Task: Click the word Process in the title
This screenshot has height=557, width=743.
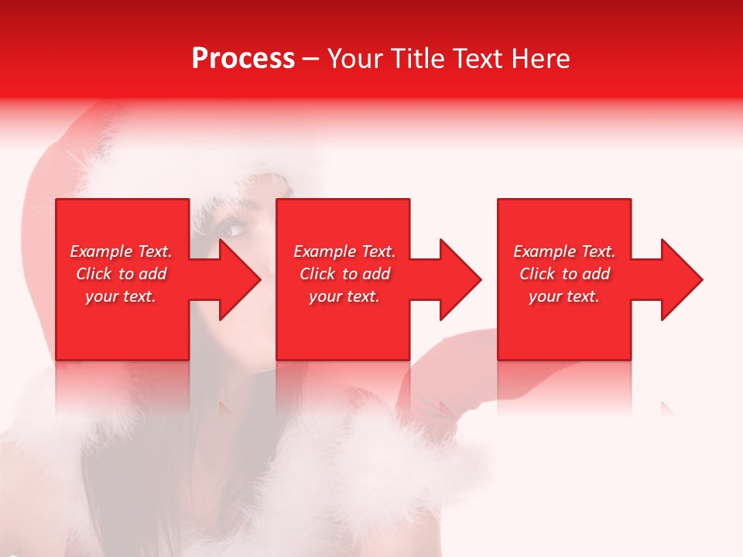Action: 243,59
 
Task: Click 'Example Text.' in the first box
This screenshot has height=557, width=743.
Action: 121,251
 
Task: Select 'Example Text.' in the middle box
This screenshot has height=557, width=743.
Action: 344,251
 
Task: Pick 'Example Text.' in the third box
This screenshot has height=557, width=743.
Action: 564,251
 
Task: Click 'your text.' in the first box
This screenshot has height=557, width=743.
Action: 121,296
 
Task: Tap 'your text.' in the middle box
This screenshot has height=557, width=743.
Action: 344,296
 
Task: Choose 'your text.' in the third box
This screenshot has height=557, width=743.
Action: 564,296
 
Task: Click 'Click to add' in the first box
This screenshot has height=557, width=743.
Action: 121,274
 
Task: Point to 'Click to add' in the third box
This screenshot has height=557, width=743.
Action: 564,274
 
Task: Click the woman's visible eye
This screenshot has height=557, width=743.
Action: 230,231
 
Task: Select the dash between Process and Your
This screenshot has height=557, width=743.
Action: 310,59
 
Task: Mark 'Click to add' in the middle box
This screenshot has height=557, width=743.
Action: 344,274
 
